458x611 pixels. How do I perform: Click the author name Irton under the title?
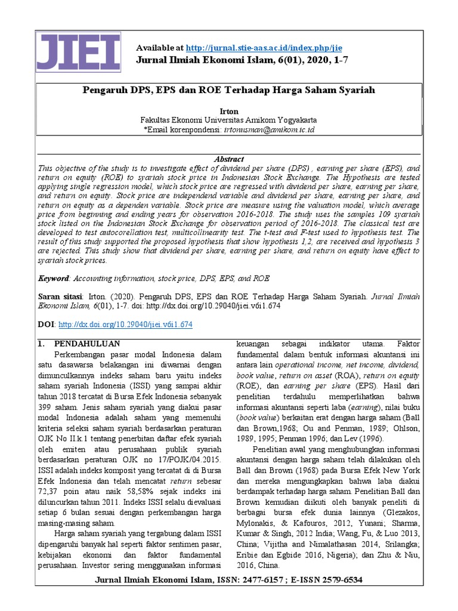tap(228, 111)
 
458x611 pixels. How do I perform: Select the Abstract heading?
tap(228, 159)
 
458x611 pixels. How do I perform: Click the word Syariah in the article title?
tap(358, 90)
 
